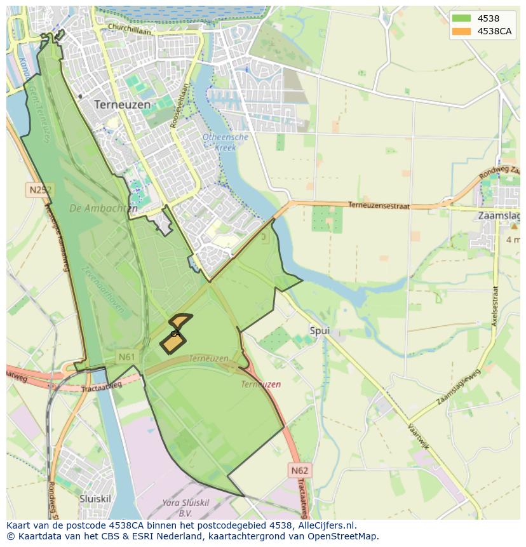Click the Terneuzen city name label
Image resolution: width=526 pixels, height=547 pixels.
point(122,104)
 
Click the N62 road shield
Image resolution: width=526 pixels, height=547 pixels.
point(299,470)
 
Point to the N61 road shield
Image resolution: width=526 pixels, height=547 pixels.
point(126,357)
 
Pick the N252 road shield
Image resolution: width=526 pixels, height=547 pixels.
point(39,189)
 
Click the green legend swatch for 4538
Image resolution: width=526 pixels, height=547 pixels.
point(462,18)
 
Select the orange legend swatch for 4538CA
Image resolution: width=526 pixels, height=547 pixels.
point(462,31)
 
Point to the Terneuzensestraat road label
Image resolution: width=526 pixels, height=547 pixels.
point(379,205)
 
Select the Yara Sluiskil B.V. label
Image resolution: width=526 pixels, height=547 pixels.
point(185,507)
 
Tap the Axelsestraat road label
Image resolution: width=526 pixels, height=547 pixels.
point(494,305)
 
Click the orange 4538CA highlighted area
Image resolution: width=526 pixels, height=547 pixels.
point(173,342)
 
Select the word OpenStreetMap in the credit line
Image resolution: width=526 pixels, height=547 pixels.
point(342,536)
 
